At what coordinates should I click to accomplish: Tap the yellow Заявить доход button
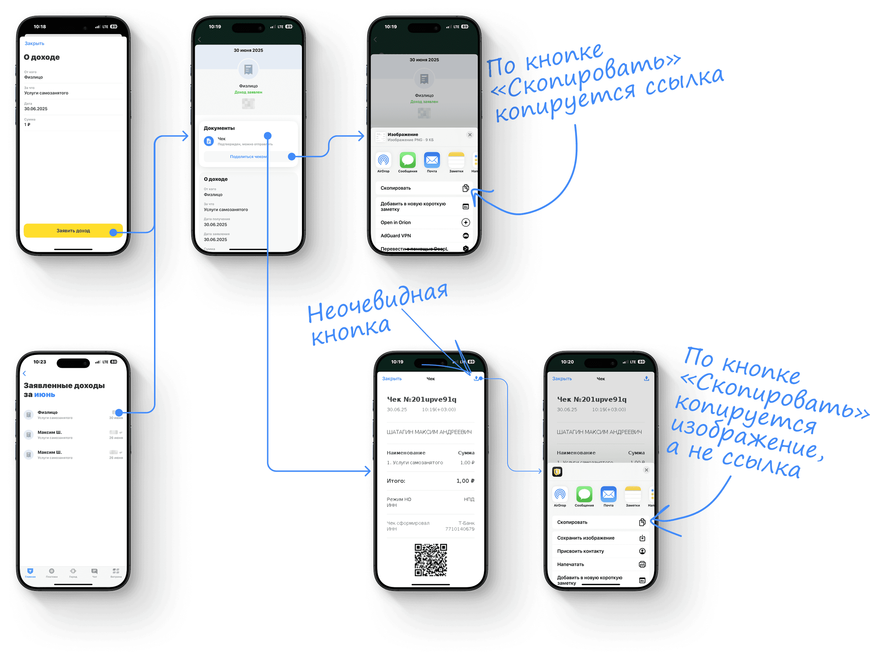tap(73, 231)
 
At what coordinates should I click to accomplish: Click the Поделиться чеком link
tap(248, 156)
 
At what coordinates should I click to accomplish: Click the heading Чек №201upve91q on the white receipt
tap(421, 399)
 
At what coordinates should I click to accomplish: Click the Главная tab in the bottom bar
tap(30, 573)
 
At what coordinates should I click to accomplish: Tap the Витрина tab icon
tap(116, 573)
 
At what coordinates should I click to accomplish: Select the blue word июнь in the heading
tap(44, 395)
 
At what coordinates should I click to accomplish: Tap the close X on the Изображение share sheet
tap(470, 135)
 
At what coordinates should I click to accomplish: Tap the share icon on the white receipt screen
tap(476, 378)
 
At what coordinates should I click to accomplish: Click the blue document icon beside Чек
tap(208, 141)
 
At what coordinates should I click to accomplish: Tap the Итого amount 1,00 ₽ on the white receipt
tap(465, 481)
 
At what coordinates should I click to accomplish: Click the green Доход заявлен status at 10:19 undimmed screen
tap(248, 92)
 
